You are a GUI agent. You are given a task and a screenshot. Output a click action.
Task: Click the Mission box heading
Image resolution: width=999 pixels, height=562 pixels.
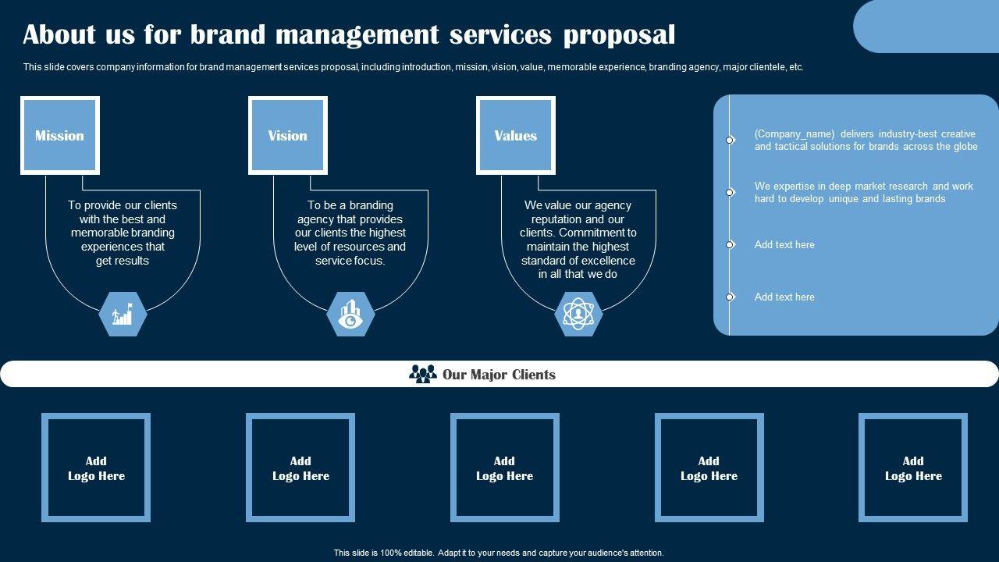click(x=59, y=135)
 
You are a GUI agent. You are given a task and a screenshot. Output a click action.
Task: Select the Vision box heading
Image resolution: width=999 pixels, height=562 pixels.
click(x=287, y=135)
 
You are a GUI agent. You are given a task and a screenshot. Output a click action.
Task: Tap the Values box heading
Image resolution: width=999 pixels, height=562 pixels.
click(x=515, y=135)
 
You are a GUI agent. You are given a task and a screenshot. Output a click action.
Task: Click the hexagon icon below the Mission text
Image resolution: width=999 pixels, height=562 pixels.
click(x=123, y=315)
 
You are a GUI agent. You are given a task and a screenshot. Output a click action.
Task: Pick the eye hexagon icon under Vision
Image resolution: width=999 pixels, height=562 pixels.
click(x=350, y=315)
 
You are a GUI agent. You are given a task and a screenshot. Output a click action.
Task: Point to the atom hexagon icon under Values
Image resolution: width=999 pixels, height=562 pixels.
click(x=578, y=315)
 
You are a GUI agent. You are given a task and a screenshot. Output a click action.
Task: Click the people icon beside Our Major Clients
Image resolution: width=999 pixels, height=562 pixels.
click(x=423, y=374)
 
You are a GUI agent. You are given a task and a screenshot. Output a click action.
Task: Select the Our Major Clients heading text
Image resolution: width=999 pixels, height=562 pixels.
click(x=499, y=375)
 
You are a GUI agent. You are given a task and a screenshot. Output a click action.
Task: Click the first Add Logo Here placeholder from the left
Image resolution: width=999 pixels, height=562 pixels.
click(x=96, y=468)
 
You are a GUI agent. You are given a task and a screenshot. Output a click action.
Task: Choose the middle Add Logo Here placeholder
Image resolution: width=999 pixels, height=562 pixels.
click(x=504, y=468)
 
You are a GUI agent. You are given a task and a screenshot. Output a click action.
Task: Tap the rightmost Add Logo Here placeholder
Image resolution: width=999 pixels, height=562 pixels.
click(x=913, y=468)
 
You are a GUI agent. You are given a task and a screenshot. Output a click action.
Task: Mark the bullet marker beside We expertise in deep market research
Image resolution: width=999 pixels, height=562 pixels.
click(x=730, y=192)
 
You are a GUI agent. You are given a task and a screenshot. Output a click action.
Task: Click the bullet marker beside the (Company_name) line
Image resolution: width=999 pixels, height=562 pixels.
click(x=730, y=140)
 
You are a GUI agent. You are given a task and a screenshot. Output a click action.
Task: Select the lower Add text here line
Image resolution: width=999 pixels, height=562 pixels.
click(x=784, y=297)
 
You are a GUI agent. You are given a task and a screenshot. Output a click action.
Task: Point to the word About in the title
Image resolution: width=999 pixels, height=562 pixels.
click(x=59, y=34)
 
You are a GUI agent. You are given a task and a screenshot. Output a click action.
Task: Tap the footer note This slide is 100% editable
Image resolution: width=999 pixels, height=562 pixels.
click(x=498, y=553)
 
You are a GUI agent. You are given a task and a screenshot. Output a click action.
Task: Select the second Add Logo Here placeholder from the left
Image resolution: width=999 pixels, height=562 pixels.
click(x=300, y=468)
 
